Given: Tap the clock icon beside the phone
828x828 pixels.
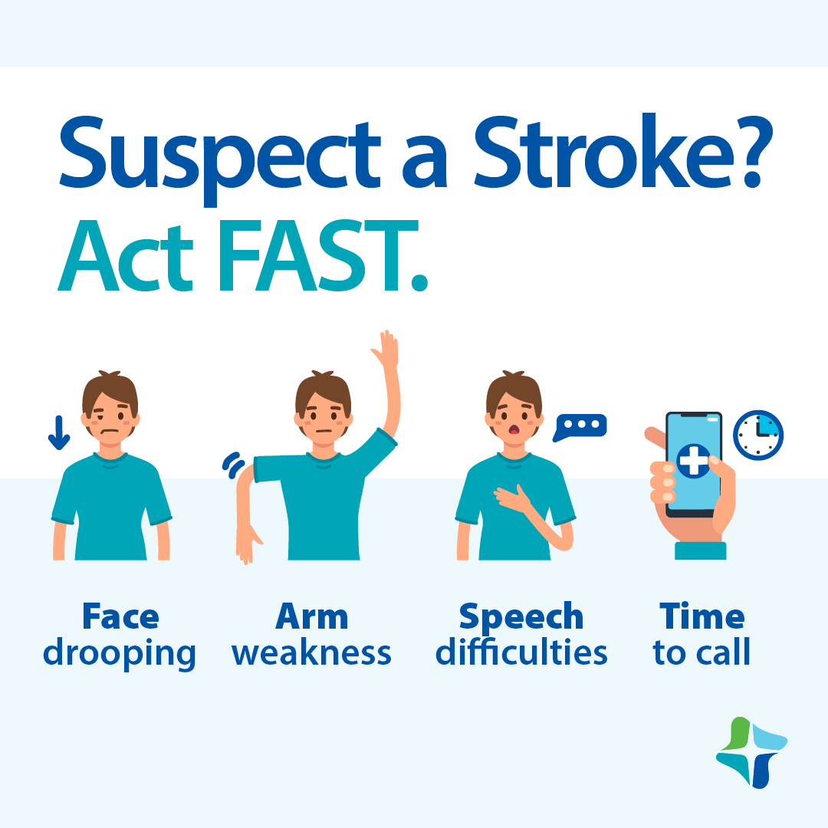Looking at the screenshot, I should coord(757,435).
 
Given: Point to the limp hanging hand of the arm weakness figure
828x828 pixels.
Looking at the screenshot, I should coord(246,546).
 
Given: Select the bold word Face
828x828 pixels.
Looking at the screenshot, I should coord(120,616).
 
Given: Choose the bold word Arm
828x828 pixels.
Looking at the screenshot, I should coord(312,616).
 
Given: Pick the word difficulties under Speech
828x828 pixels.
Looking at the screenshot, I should coord(521,653).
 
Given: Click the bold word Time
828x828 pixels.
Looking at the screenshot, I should coord(701,616).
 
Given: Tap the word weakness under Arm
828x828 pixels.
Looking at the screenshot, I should coord(312,653).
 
